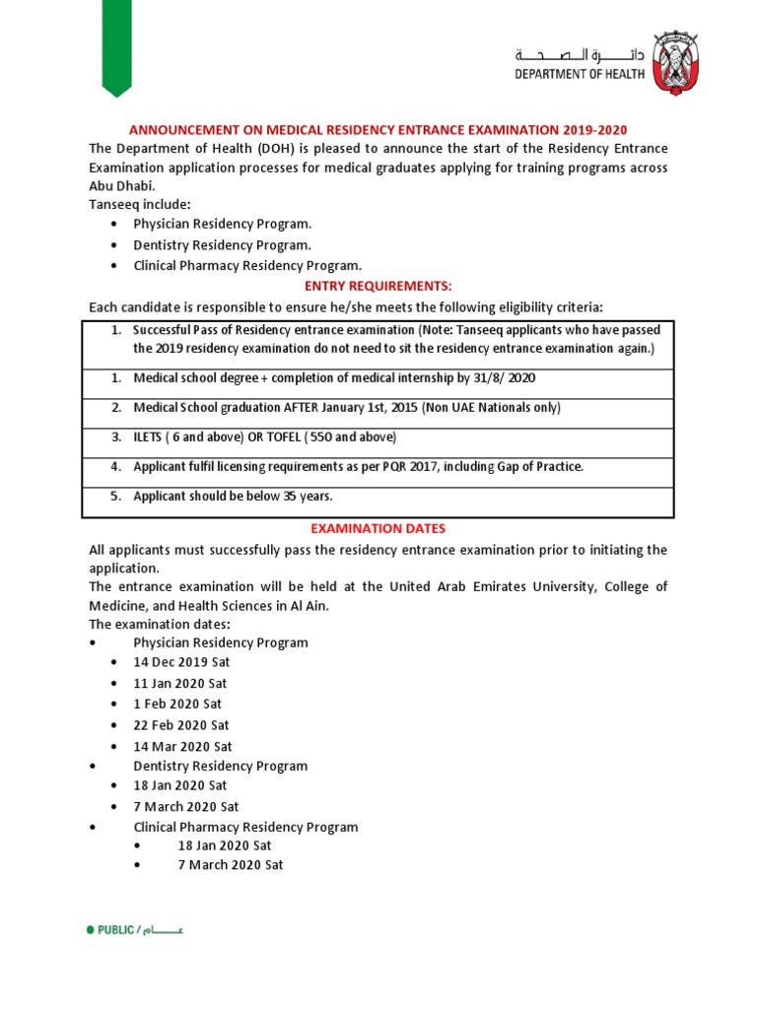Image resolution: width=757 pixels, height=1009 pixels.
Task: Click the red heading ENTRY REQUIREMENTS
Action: click(x=378, y=286)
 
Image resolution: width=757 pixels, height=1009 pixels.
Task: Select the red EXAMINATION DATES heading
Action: click(x=378, y=529)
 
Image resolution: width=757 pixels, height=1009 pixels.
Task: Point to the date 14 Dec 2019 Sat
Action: click(x=180, y=662)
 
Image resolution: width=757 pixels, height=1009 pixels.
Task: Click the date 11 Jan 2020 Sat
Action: click(x=180, y=683)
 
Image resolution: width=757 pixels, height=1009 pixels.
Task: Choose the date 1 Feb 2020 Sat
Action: click(x=177, y=704)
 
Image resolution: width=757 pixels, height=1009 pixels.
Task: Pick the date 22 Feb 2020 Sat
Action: click(x=181, y=725)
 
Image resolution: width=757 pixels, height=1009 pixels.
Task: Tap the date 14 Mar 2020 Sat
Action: click(x=182, y=747)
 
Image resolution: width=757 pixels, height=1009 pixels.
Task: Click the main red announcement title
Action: click(x=378, y=130)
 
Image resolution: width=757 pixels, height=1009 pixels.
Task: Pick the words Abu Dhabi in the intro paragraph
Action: click(x=121, y=186)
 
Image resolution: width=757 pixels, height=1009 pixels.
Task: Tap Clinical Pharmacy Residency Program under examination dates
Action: click(x=245, y=827)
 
